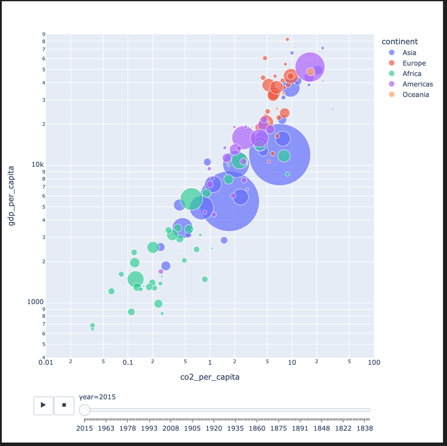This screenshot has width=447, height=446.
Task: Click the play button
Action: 43,405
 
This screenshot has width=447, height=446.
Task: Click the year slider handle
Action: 84,410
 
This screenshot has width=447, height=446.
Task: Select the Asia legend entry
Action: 409,52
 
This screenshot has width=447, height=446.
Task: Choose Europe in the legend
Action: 414,63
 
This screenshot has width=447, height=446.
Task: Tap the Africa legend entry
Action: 412,73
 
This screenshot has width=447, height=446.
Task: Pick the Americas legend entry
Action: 417,84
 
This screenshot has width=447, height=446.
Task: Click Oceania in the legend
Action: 416,94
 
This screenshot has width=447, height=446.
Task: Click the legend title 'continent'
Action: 399,41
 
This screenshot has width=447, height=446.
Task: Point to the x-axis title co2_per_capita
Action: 210,377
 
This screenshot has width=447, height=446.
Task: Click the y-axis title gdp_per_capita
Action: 10,197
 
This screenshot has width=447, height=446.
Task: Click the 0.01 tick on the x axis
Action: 46,363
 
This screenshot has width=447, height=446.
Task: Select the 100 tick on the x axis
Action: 374,363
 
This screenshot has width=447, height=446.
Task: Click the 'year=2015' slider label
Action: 97,397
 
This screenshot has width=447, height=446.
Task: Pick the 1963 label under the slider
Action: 106,428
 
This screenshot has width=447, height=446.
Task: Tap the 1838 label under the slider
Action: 364,428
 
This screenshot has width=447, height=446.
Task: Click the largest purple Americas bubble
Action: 310,67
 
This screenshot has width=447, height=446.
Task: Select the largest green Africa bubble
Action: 191,199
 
